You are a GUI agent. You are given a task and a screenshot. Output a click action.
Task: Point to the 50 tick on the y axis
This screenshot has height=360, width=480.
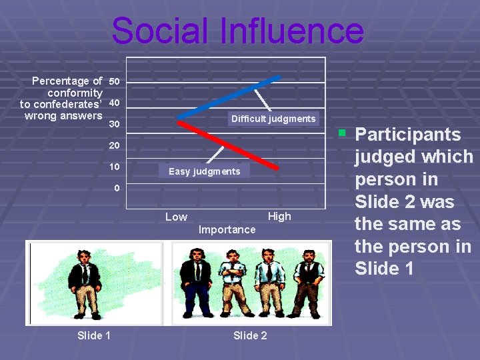point(115,81)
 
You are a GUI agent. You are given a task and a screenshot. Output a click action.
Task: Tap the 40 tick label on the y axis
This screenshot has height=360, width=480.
point(115,103)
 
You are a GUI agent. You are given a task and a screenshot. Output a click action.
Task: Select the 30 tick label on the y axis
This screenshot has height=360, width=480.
point(115,125)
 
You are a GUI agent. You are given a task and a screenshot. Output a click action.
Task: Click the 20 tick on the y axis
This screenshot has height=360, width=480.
point(115,145)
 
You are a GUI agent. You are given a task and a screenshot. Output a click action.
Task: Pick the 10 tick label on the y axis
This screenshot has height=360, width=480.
point(115,166)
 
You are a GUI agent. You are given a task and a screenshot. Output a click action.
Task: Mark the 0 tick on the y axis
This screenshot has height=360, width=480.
point(117,188)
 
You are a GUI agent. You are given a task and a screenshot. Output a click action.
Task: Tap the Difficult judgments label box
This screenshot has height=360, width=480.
point(273,119)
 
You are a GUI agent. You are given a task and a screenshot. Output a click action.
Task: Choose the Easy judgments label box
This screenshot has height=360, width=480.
point(204,171)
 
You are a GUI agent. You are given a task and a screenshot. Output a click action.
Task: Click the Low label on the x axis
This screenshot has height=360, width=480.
point(176,217)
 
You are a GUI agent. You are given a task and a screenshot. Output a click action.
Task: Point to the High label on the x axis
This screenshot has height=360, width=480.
point(279,216)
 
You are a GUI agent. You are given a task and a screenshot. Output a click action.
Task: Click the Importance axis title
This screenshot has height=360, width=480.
point(227,229)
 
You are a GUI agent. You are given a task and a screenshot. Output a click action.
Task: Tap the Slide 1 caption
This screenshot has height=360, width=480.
point(94,335)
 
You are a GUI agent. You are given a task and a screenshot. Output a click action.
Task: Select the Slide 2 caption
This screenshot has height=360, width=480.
point(250,335)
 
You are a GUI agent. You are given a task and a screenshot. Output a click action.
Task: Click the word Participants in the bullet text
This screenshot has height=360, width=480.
point(407,135)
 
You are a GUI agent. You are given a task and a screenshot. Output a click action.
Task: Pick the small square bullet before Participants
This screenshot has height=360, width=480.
point(342,131)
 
